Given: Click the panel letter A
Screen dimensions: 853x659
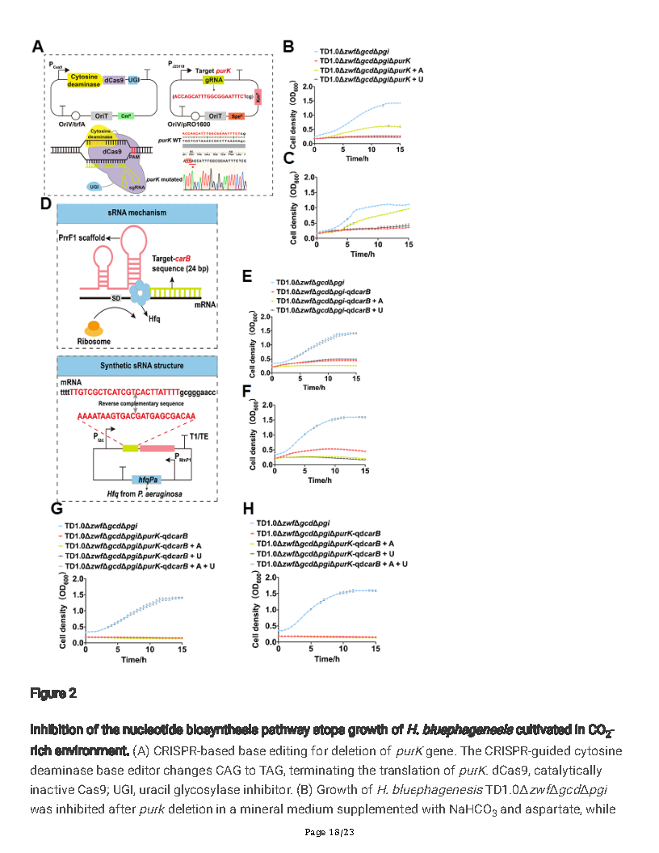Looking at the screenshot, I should click(x=37, y=48).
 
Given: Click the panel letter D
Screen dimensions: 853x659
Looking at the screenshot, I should click(x=47, y=205).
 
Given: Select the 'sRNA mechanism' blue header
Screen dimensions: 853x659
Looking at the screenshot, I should click(x=137, y=213).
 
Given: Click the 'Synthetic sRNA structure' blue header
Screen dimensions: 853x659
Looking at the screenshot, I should click(x=137, y=365).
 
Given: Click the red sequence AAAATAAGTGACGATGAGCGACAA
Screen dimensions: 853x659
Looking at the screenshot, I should click(x=135, y=416).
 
